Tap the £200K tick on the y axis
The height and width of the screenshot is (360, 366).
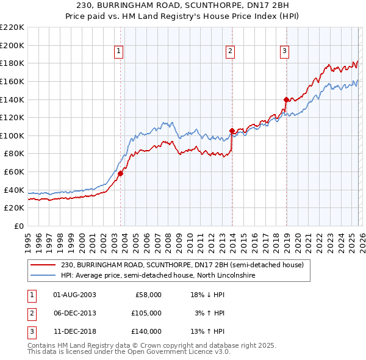[x=12, y=45]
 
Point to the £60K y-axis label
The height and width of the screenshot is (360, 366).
[x=14, y=172]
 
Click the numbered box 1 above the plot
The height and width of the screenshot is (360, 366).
[x=119, y=51]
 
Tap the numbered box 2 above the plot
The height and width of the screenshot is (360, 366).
[x=231, y=51]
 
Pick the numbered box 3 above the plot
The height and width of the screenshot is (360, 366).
[x=285, y=51]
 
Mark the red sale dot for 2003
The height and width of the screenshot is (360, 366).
[x=120, y=173]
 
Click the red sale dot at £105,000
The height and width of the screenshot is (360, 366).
[x=232, y=131]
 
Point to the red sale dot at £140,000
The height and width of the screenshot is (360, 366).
[x=286, y=99]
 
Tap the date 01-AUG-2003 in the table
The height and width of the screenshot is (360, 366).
[x=75, y=295]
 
